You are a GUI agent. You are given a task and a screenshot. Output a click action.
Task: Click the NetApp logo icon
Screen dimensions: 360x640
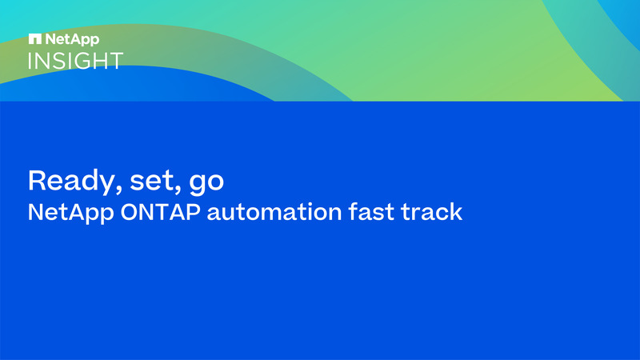(x=34, y=38)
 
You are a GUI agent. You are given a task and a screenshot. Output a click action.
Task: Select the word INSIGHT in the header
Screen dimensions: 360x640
(x=76, y=60)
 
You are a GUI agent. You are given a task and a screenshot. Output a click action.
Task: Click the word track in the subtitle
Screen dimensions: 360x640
(x=434, y=213)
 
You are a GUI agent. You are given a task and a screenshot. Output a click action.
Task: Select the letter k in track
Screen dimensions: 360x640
(x=456, y=213)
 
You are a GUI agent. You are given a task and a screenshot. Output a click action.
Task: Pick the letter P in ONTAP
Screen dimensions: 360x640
(x=193, y=213)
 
